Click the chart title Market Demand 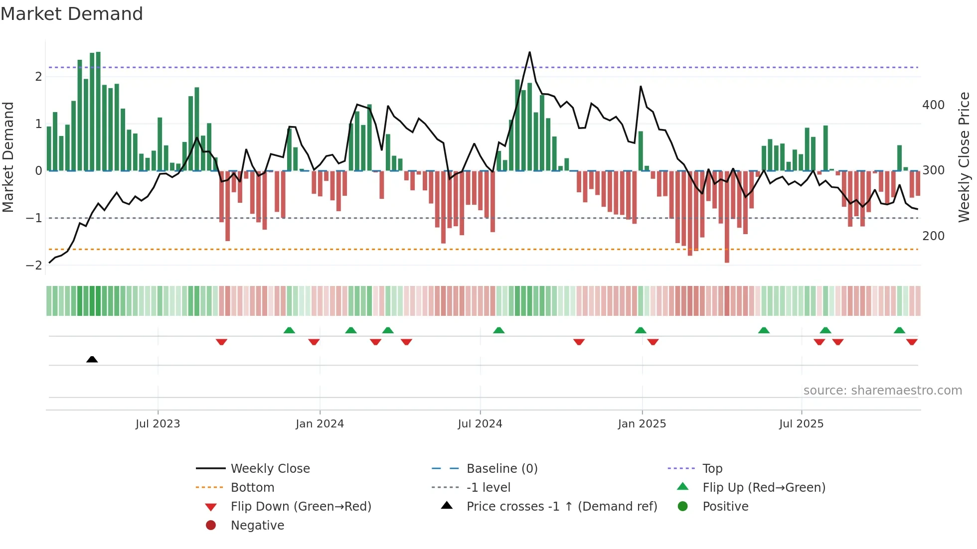[72, 14]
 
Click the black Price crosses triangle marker [92, 359]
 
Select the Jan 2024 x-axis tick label [320, 423]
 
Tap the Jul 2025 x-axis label [801, 423]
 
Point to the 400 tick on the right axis [933, 105]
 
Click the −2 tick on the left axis [34, 266]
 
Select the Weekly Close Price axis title [964, 157]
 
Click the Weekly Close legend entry [270, 468]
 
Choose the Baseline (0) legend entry [501, 468]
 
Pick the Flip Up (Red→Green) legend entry [764, 487]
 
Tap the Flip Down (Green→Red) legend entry [301, 506]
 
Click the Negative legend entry [257, 525]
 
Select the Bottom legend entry [252, 487]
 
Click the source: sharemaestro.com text [882, 390]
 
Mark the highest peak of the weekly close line [529, 52]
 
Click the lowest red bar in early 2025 [727, 259]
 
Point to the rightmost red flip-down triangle [912, 342]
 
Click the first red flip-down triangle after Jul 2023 [221, 342]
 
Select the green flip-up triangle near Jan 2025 [641, 330]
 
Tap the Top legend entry [712, 468]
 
